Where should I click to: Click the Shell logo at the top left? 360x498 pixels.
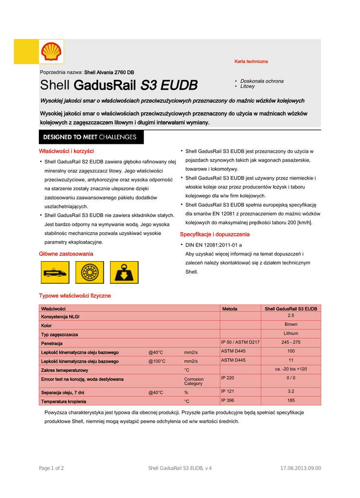point(51,52)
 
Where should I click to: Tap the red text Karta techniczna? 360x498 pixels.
point(251,62)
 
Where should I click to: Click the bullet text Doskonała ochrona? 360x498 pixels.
point(262,81)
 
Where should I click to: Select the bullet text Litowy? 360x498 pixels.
point(247,87)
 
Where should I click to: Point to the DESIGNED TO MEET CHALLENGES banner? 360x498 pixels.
point(91,137)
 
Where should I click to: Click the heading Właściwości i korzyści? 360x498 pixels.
point(66,151)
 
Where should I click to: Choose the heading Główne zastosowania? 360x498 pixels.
point(66,254)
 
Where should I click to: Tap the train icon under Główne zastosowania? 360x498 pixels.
point(55,272)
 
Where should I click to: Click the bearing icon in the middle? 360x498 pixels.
point(90,272)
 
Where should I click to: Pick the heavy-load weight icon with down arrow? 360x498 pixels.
point(124,272)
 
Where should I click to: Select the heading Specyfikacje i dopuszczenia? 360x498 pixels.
point(215,234)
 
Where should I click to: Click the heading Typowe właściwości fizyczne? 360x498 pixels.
point(75,296)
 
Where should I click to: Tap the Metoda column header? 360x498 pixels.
point(230,309)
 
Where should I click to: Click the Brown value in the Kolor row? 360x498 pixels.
point(291,324)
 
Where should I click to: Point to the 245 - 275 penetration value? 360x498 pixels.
point(291,342)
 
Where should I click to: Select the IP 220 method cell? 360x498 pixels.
point(228,378)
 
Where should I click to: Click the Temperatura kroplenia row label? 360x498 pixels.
point(64,402)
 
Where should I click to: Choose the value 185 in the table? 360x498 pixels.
point(291,401)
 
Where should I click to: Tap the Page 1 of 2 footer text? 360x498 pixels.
point(51,468)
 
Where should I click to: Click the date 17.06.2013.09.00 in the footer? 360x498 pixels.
point(301,468)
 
